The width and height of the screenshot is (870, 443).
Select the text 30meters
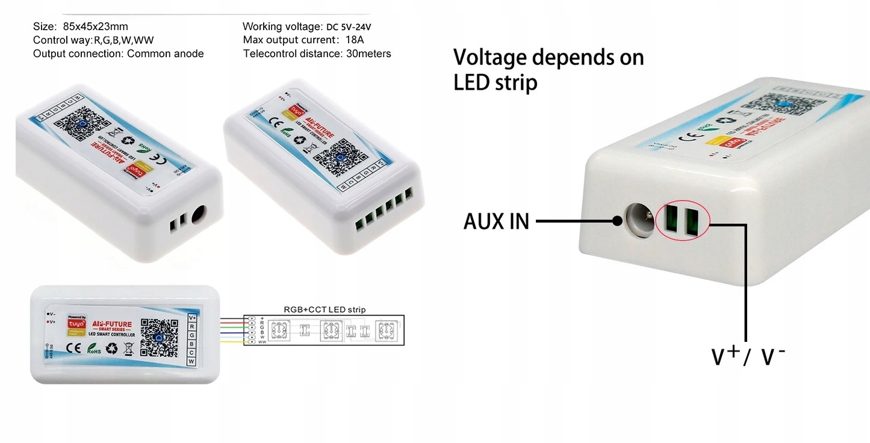(368, 54)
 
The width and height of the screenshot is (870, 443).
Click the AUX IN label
(496, 221)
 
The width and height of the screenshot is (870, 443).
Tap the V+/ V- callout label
(748, 356)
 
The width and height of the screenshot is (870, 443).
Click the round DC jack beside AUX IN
(640, 220)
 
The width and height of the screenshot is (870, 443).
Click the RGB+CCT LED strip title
(325, 309)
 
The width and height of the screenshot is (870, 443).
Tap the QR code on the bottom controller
(160, 338)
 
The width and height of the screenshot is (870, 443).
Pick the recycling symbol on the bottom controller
(111, 348)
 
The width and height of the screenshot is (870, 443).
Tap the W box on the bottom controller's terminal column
(191, 361)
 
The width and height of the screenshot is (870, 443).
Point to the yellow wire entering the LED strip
(231, 342)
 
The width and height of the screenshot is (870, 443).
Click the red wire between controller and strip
(231, 323)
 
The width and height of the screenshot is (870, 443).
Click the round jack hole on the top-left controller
(199, 215)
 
